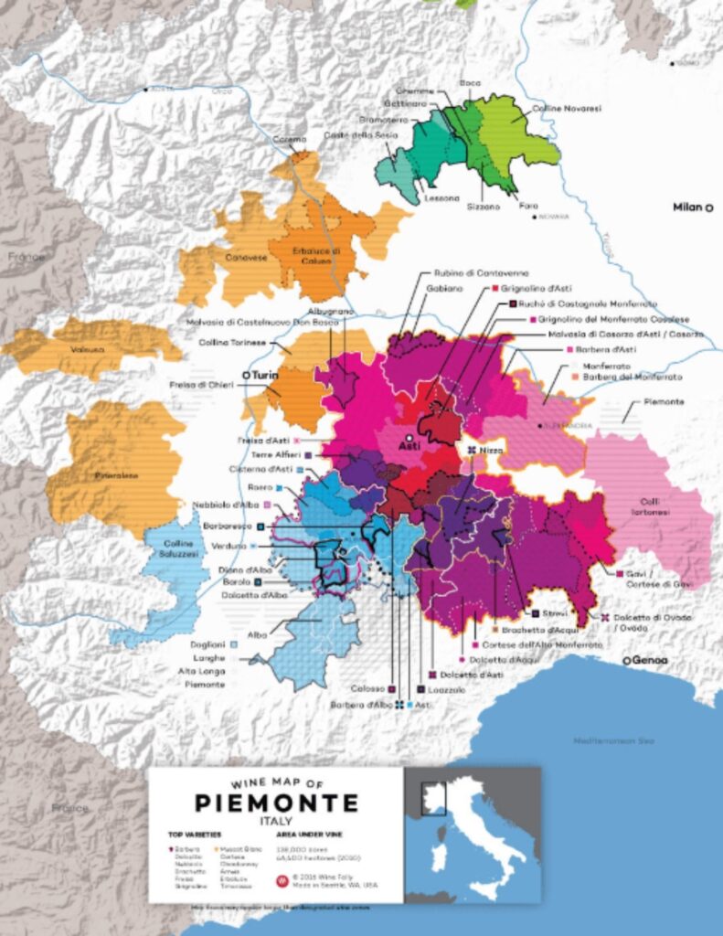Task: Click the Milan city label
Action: (687, 207)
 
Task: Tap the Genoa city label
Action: (648, 660)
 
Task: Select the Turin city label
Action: (262, 375)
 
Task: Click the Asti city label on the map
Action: (409, 448)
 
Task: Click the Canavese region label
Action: (245, 258)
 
